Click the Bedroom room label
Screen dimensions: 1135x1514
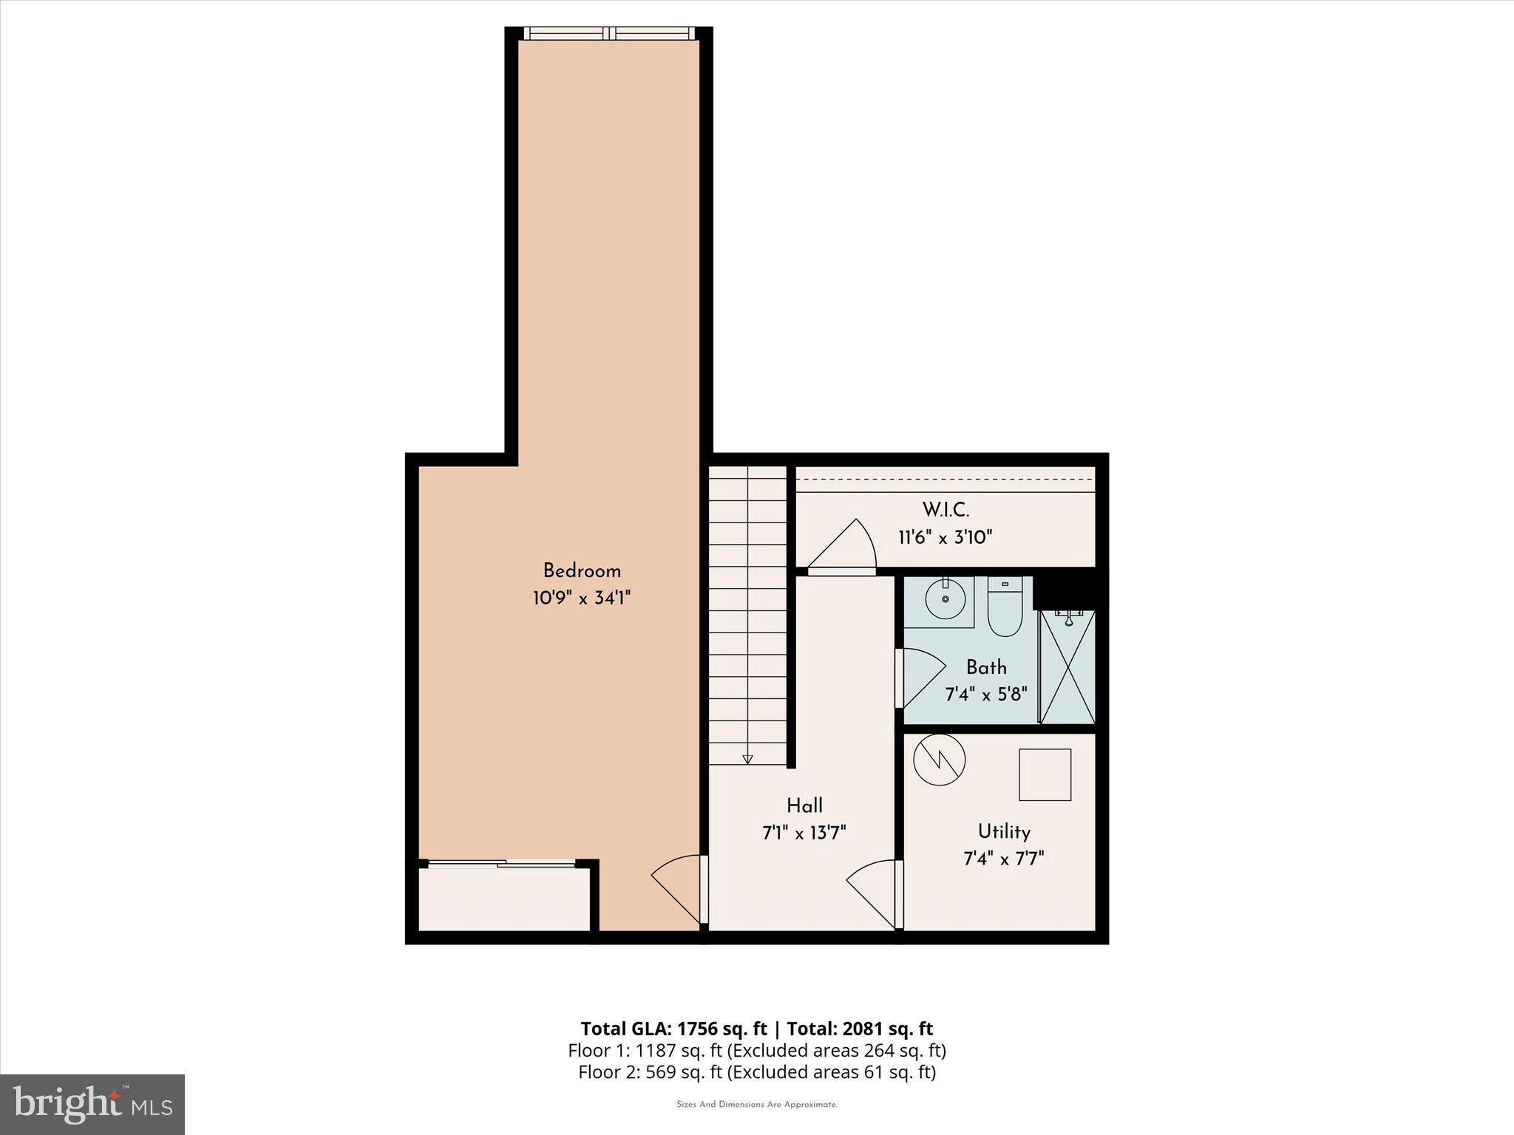coord(582,570)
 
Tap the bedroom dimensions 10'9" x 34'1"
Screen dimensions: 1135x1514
coord(582,598)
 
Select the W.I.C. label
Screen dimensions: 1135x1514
coord(946,510)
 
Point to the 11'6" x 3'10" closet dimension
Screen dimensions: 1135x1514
coord(946,537)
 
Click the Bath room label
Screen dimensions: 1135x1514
coord(986,667)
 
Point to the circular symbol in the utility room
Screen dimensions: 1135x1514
coord(940,759)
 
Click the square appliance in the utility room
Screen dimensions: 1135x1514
coord(1045,774)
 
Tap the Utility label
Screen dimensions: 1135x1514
coord(1004,832)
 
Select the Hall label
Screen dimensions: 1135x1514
coord(804,805)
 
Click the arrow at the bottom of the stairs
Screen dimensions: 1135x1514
coord(747,758)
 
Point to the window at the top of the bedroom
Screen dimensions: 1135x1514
coord(609,33)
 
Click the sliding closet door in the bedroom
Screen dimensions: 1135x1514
coord(503,862)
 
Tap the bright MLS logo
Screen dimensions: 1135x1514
coord(92,1104)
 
